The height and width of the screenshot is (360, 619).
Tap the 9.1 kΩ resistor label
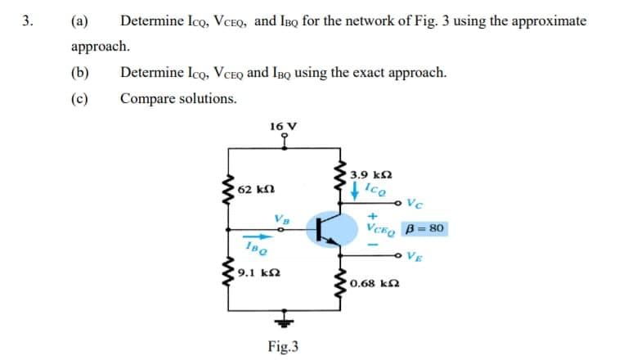[256, 270]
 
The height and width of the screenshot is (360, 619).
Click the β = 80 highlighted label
[424, 228]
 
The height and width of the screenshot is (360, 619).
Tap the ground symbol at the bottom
[284, 317]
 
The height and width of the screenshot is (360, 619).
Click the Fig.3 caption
[283, 346]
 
